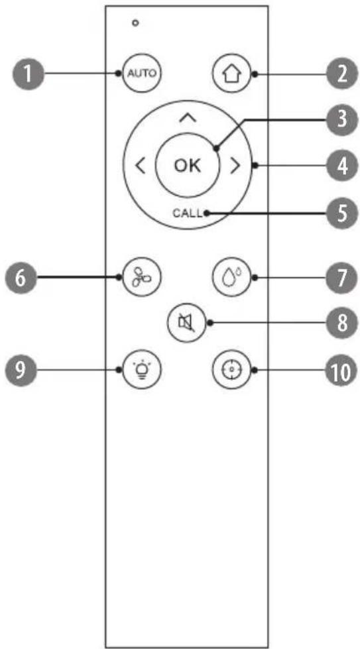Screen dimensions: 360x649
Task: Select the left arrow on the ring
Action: (x=141, y=166)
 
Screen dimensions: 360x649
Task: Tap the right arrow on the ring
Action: (x=235, y=166)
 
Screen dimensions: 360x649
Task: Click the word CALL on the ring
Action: (x=188, y=214)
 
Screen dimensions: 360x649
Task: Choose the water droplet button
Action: (x=232, y=277)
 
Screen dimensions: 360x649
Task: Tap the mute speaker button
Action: (x=187, y=324)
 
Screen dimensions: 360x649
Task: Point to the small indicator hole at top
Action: (x=135, y=23)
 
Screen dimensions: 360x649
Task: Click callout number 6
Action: (x=20, y=277)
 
